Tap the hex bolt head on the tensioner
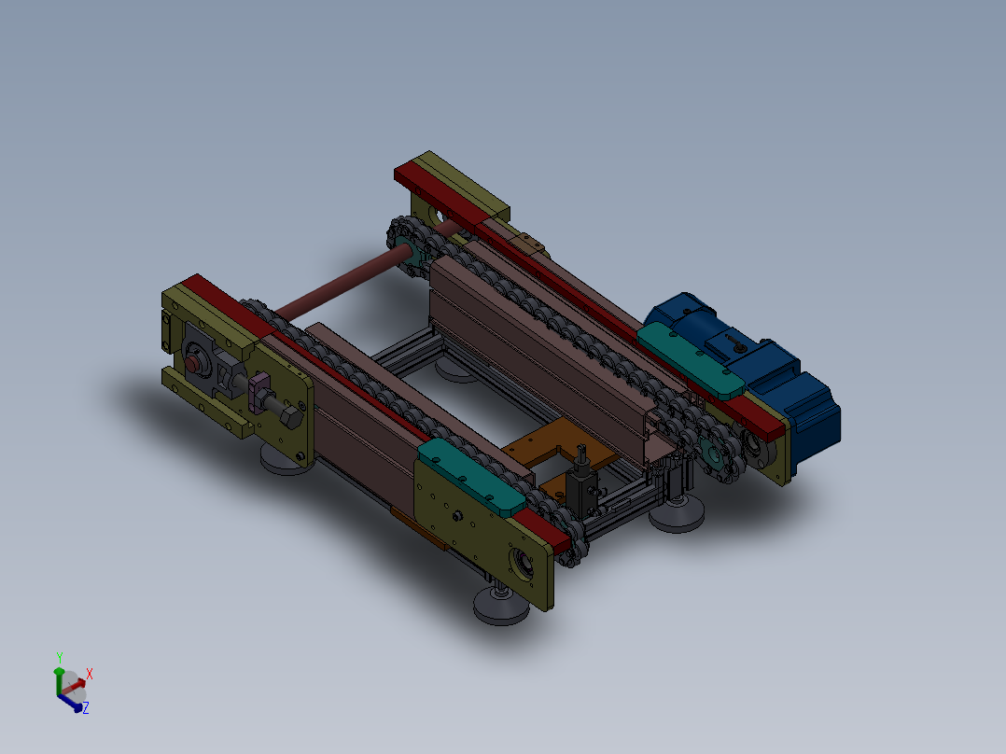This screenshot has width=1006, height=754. pyautogui.click(x=288, y=417)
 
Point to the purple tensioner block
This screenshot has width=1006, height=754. pyautogui.click(x=258, y=390)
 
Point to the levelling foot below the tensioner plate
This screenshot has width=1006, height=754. pyautogui.click(x=286, y=460)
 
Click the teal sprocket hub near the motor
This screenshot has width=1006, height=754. pyautogui.click(x=717, y=454)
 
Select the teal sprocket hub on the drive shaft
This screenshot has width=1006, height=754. pyautogui.click(x=405, y=252)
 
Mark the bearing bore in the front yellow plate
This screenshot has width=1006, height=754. pyautogui.click(x=520, y=564)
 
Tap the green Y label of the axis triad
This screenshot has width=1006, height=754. pyautogui.click(x=60, y=658)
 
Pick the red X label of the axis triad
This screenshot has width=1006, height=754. pyautogui.click(x=90, y=673)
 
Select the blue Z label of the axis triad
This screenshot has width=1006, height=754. pyautogui.click(x=85, y=708)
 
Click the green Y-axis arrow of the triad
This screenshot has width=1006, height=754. pyautogui.click(x=59, y=678)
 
